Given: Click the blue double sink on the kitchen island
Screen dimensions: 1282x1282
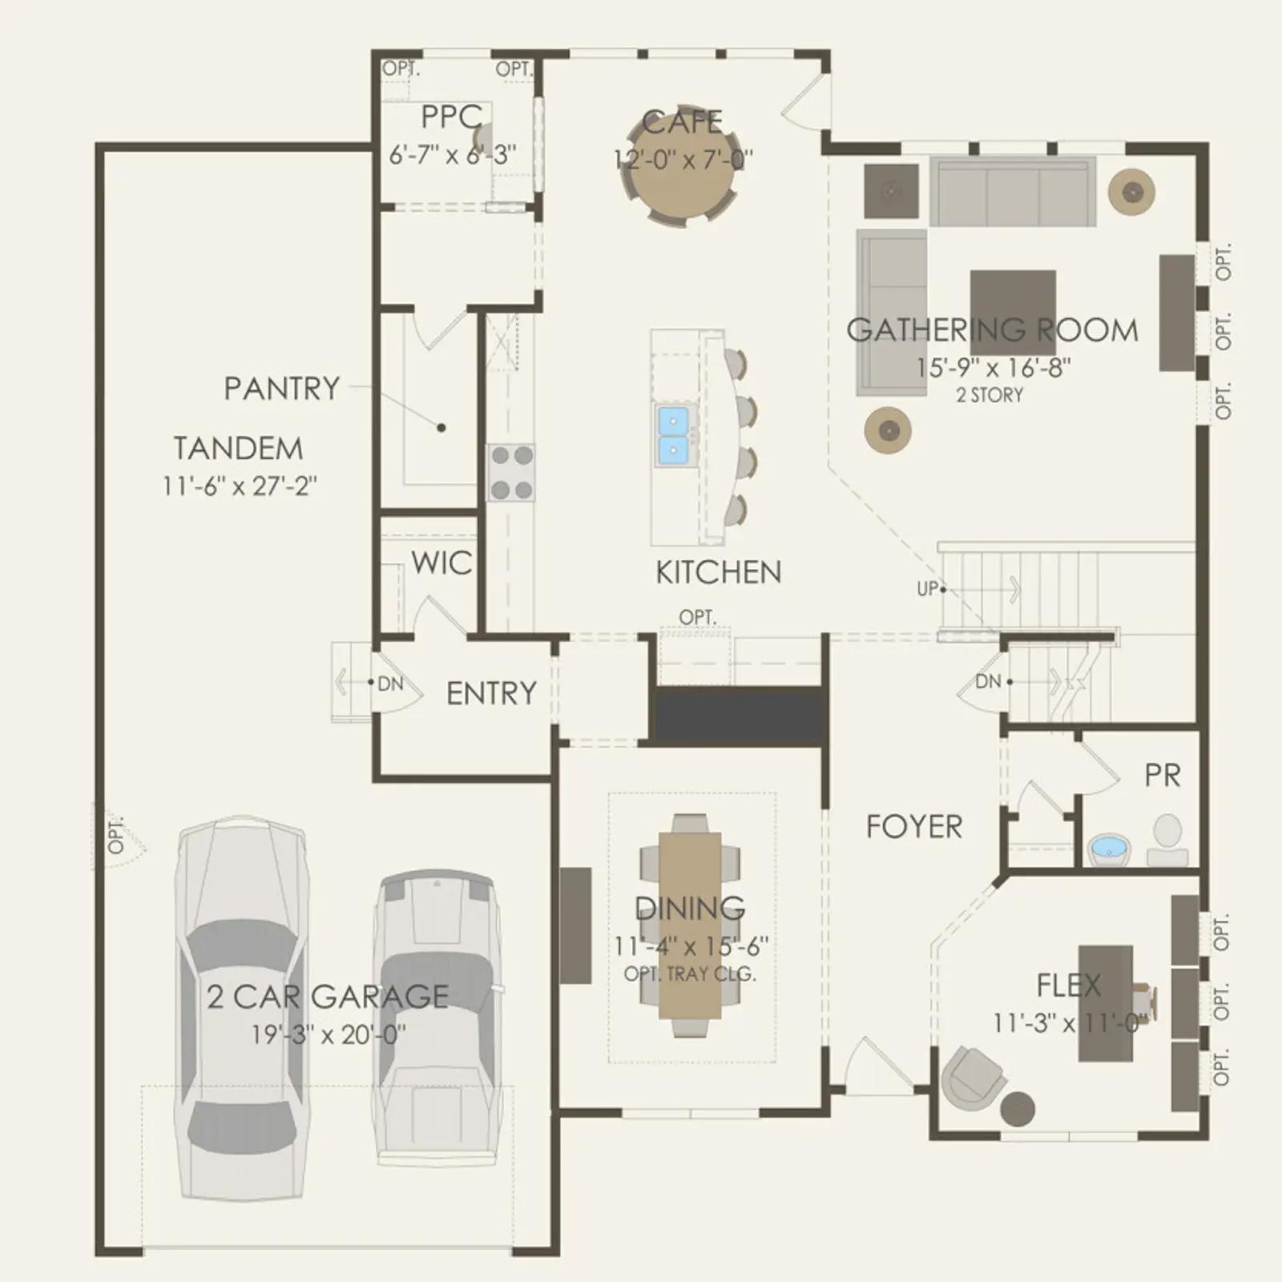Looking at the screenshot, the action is pos(673,436).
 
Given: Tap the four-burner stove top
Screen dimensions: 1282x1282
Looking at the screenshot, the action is pos(511,473).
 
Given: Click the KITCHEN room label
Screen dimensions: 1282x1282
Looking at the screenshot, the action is pos(718,572).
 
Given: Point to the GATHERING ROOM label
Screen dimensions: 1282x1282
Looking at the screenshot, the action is pos(992,330).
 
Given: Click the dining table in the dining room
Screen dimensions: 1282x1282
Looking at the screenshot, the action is pos(690,925).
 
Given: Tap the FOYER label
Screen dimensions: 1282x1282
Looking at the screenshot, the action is pos(914,826).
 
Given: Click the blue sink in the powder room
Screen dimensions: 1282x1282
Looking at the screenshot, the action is pos(1110,849).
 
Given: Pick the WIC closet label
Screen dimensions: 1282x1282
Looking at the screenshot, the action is pos(441,562).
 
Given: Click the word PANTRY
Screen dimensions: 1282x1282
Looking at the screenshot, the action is pos(281,389).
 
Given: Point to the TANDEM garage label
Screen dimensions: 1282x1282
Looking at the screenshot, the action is pos(238,449).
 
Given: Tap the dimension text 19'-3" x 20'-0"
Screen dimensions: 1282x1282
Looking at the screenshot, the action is pos(329,1034).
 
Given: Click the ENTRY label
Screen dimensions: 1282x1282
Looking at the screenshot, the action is pos(491,693).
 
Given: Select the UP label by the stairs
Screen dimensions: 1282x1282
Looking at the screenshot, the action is pos(927,589).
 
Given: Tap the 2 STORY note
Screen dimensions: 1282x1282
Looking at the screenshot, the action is pos(990,395).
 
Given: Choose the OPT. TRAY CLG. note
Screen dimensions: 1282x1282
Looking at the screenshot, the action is pos(690,974).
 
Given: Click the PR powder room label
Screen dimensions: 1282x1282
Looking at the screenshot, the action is pos(1163,775).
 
